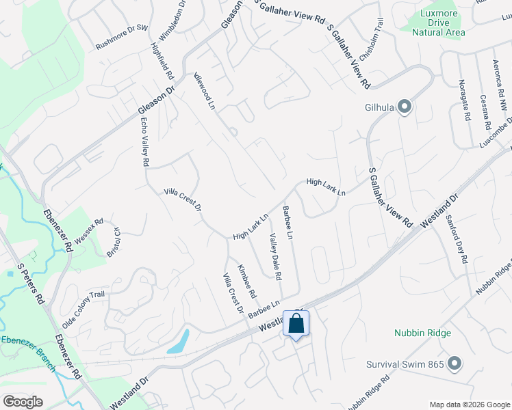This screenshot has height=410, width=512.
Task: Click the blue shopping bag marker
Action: [x=296, y=323]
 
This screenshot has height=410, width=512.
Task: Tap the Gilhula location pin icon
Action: [x=405, y=106]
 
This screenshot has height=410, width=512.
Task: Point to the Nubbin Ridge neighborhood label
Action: [x=422, y=333]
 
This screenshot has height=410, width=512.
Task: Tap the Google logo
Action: [x=23, y=401]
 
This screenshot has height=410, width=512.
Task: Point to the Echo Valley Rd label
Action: [x=144, y=143]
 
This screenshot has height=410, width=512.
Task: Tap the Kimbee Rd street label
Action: [x=246, y=281]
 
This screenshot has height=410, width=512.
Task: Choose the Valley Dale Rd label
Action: [x=275, y=257]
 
